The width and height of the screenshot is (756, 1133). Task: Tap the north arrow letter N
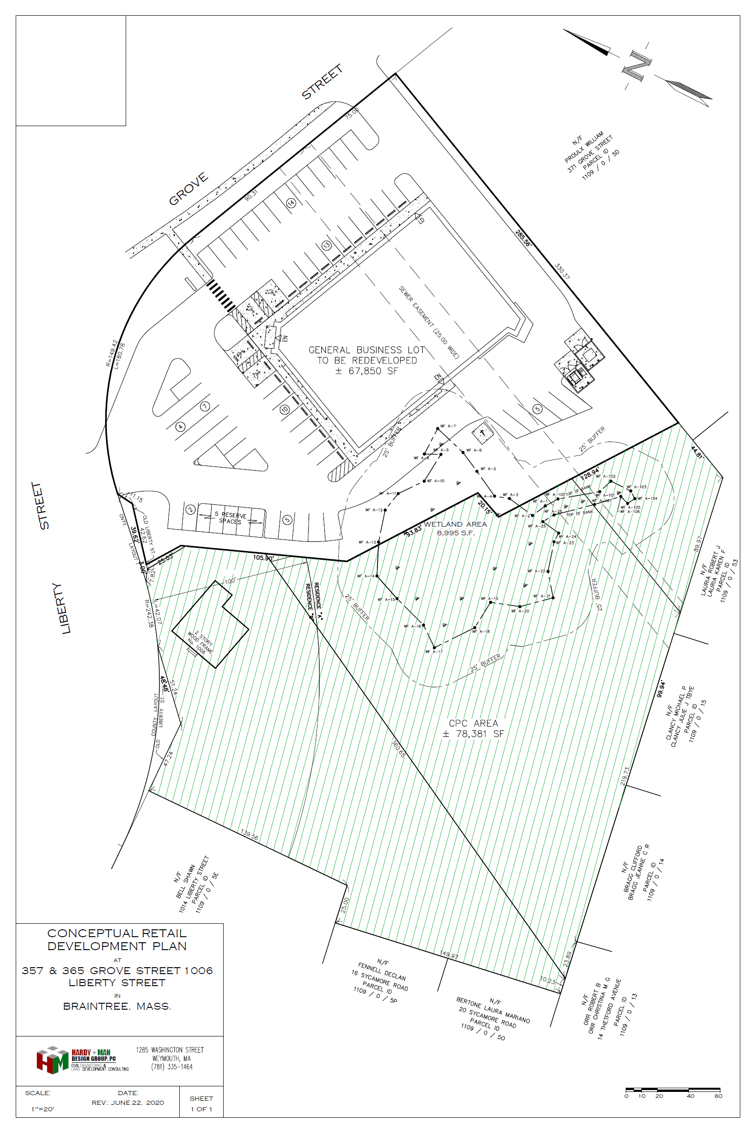[636, 66]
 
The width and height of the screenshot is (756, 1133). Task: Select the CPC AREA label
[473, 728]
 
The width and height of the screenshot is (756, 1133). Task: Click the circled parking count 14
[291, 203]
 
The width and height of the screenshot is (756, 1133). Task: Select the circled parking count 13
[326, 245]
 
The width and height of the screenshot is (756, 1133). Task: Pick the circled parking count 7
[205, 406]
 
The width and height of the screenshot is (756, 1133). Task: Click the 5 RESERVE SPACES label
[230, 518]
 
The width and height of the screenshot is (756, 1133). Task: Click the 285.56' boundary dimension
[523, 238]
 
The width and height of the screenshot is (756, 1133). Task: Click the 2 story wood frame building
[210, 624]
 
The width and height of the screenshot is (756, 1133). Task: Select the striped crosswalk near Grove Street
[220, 297]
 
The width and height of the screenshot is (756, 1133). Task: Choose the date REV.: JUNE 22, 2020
[128, 1103]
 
